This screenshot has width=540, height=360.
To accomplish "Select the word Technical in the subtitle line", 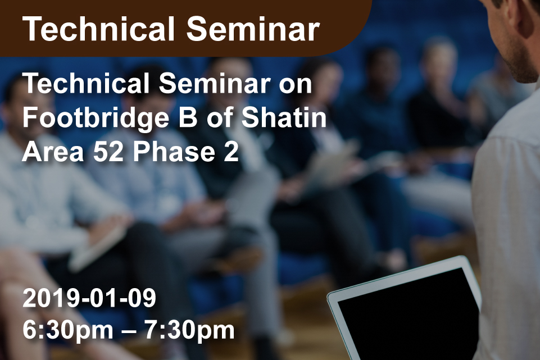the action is click(86, 84).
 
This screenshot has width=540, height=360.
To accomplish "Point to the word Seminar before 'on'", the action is click(214, 84).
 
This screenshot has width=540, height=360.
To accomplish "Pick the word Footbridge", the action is click(96, 119).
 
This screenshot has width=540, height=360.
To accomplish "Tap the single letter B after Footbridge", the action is click(188, 118).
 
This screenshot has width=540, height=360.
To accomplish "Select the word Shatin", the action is click(284, 118).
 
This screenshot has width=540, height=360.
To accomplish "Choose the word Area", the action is click(53, 152).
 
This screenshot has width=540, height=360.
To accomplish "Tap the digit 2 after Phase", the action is click(232, 152).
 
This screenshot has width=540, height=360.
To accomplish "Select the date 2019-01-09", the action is click(89, 298).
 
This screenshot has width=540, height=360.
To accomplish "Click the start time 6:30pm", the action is click(68, 330).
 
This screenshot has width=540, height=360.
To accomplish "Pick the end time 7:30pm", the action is click(189, 330).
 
